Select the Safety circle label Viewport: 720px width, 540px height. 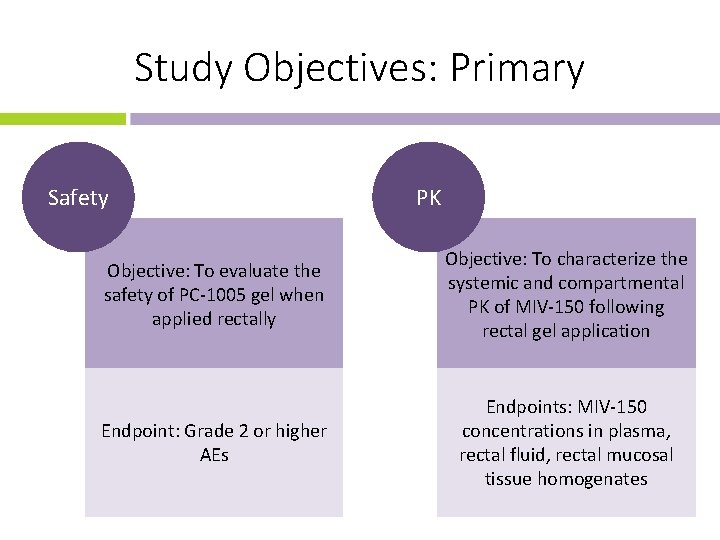[78, 198]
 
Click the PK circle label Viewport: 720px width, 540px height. [428, 198]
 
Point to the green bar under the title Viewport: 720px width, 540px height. [62, 119]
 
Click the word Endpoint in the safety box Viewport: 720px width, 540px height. [137, 431]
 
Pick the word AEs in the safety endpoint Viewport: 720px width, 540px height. [214, 455]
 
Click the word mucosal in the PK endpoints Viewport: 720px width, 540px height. [641, 455]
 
